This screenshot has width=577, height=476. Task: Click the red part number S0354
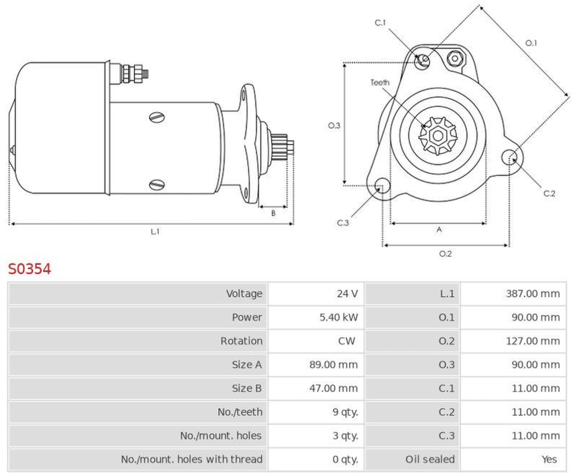tap(29, 269)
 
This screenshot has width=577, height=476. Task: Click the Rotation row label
tap(241, 341)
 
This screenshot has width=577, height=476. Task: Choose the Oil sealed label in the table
tap(429, 459)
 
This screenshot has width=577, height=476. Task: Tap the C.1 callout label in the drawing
tap(380, 23)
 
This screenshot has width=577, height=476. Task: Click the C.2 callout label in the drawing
tap(549, 193)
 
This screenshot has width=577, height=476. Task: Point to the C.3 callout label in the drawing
tap(343, 223)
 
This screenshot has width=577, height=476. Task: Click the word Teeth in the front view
tap(380, 83)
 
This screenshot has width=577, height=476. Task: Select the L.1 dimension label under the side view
tap(155, 231)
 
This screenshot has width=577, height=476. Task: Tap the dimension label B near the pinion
tap(273, 213)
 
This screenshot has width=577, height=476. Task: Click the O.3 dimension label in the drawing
tap(334, 125)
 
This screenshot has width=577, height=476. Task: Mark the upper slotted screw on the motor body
tap(156, 118)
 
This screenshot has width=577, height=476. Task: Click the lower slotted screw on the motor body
tap(156, 185)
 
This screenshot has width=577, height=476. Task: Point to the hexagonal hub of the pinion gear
tap(437, 136)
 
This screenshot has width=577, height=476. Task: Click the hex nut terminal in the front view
tap(455, 58)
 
